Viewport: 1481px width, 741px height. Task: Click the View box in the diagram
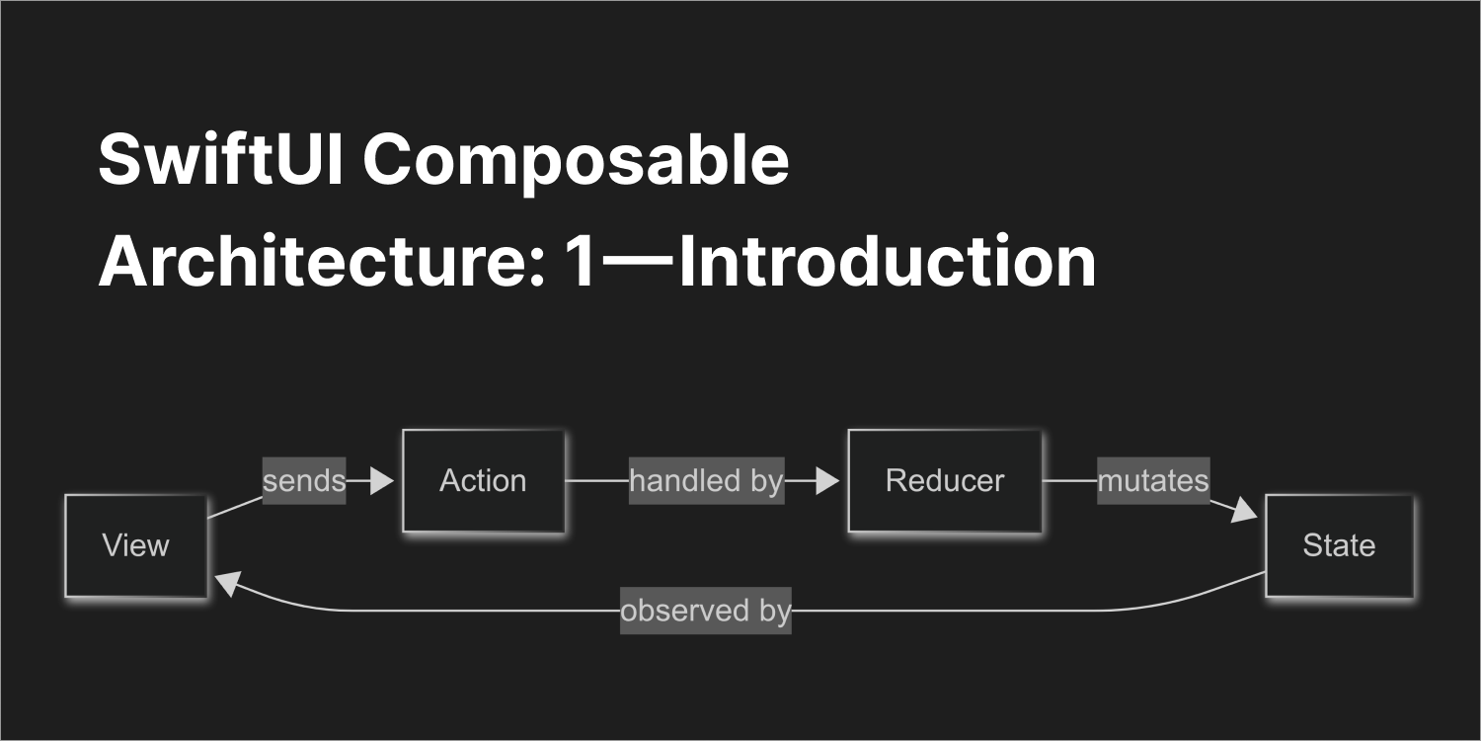[136, 545]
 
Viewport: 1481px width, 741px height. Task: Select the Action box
[484, 481]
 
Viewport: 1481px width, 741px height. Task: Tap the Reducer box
[945, 481]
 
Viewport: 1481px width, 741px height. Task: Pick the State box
[1340, 545]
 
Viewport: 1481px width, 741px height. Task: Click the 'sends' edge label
[304, 481]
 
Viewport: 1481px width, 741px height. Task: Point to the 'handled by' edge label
[706, 481]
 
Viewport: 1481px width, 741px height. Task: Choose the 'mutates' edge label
[1154, 481]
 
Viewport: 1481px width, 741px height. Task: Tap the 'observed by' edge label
[706, 611]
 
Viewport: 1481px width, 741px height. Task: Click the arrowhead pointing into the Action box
[382, 481]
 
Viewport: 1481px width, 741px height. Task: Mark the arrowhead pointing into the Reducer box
[827, 481]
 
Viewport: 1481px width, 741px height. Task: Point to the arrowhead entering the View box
[228, 583]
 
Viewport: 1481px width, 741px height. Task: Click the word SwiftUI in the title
[221, 159]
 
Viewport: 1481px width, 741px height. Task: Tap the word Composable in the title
[576, 163]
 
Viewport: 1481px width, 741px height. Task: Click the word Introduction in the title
[888, 262]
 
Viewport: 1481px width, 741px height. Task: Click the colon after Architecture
[537, 268]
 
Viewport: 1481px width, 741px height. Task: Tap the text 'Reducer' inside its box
[945, 481]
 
